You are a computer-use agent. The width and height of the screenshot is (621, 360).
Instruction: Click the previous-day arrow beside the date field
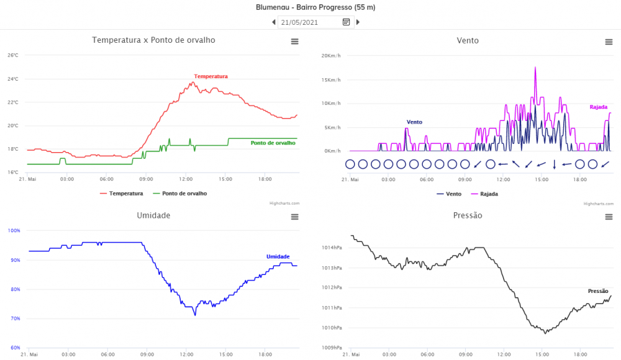coord(274,22)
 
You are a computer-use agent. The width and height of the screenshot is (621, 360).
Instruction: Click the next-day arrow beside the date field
coord(358,22)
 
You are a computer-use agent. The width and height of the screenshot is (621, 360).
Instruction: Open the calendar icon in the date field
coord(347,22)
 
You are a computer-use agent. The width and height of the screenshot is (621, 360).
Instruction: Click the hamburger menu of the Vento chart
coord(609,42)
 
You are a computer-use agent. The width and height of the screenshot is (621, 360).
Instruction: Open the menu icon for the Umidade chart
coord(294,217)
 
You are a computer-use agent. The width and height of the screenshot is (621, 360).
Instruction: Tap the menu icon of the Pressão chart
coord(609,217)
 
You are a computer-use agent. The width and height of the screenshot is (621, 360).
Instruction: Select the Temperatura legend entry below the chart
coord(122,194)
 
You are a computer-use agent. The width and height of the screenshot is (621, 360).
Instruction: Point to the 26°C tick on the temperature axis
coord(13,56)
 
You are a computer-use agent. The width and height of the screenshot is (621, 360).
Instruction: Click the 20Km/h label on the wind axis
coord(330,56)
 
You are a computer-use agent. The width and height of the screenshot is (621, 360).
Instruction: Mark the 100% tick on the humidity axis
coord(14,230)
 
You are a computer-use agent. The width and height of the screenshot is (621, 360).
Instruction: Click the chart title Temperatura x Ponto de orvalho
coord(153,40)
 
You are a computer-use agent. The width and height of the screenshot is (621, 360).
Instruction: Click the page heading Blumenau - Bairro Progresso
coord(315,7)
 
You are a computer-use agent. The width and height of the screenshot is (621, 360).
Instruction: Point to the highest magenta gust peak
coord(535,68)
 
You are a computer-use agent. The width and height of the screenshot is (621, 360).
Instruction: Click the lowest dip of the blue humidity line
coord(195,315)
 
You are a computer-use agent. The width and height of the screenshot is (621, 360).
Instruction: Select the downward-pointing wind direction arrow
coord(554,164)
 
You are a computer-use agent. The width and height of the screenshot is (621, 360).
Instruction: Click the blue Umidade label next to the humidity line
coord(278,256)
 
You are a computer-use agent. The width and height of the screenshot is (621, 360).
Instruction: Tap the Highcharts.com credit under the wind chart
coord(597,204)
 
